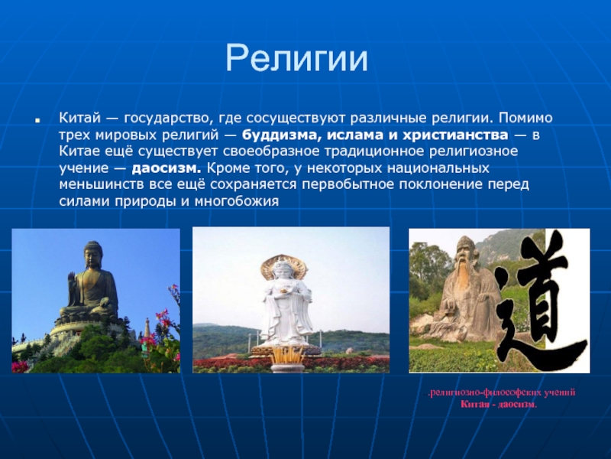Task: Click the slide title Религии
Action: [296, 58]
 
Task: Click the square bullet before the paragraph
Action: [37, 120]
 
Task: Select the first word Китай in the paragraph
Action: [80, 118]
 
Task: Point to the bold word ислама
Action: [354, 135]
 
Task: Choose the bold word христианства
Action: [455, 135]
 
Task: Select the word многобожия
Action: [237, 201]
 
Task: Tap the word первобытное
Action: [348, 184]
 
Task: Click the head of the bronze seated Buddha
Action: [92, 255]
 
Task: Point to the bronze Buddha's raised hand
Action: [71, 280]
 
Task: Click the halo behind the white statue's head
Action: [284, 265]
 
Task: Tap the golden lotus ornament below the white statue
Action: [288, 355]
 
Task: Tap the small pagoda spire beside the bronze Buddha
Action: [147, 327]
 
